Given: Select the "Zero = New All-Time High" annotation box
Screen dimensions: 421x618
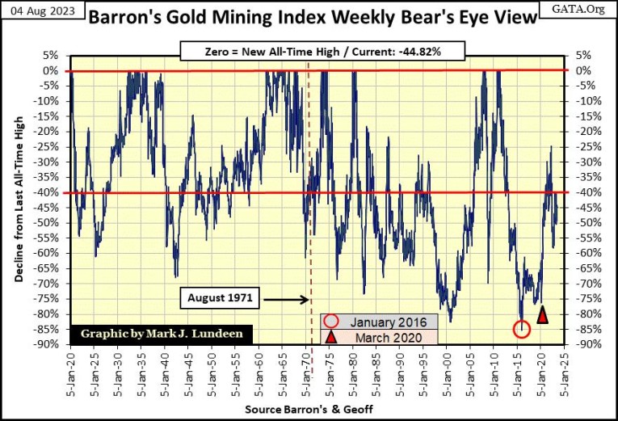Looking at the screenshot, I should (322, 52).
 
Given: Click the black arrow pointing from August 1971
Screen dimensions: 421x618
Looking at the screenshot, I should (283, 299).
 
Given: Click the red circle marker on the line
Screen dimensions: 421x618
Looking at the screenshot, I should (522, 329).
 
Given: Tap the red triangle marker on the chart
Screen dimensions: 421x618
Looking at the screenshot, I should (543, 314).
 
